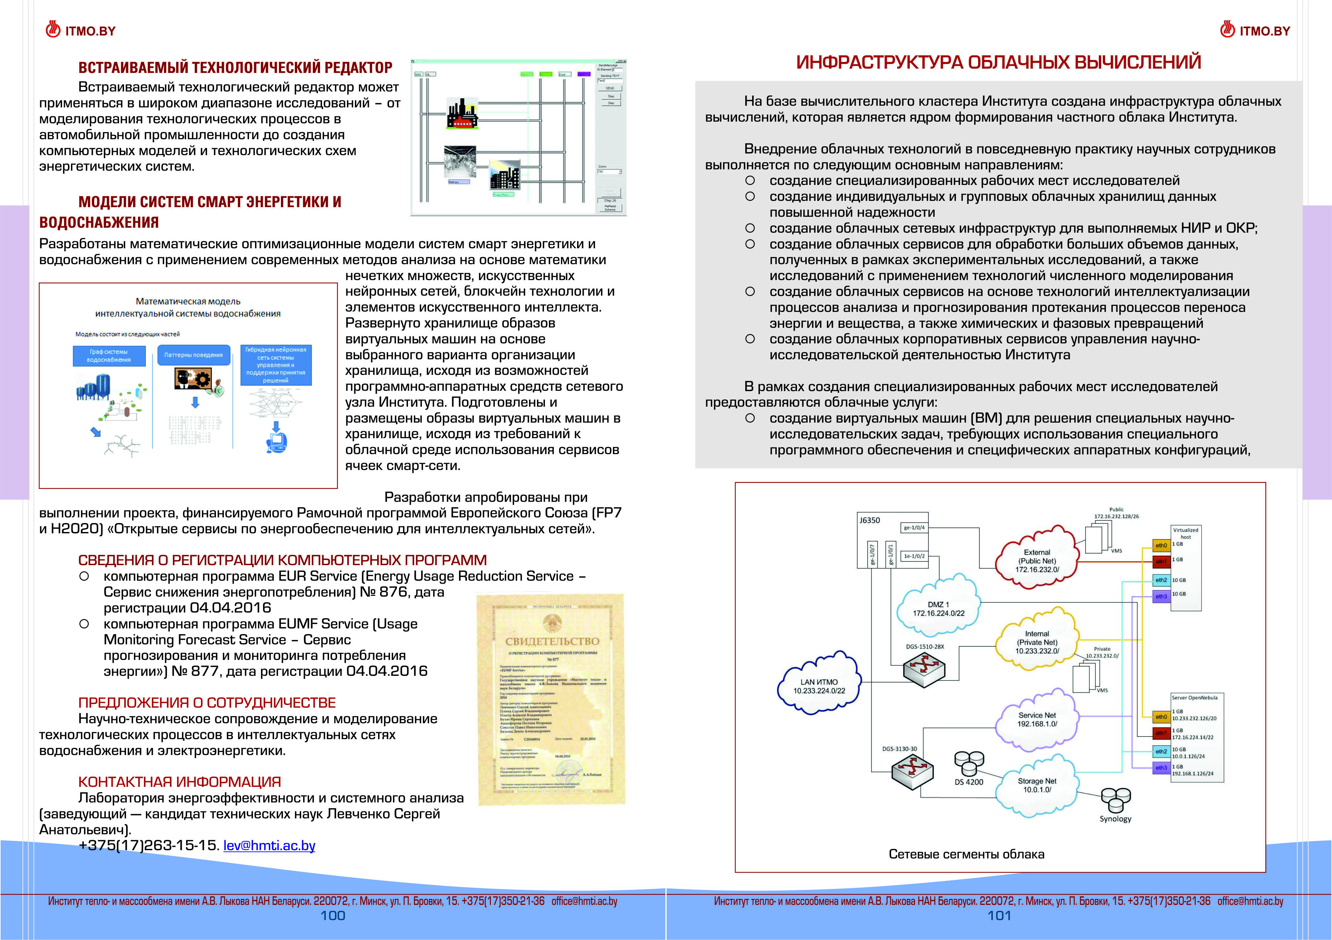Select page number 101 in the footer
tap(999, 916)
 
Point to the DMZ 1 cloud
tap(938, 609)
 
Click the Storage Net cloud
tap(1037, 786)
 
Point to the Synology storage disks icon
tap(1116, 800)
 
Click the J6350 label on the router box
tap(870, 520)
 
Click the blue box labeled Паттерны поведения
tap(193, 355)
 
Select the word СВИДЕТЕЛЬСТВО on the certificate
tap(552, 641)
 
